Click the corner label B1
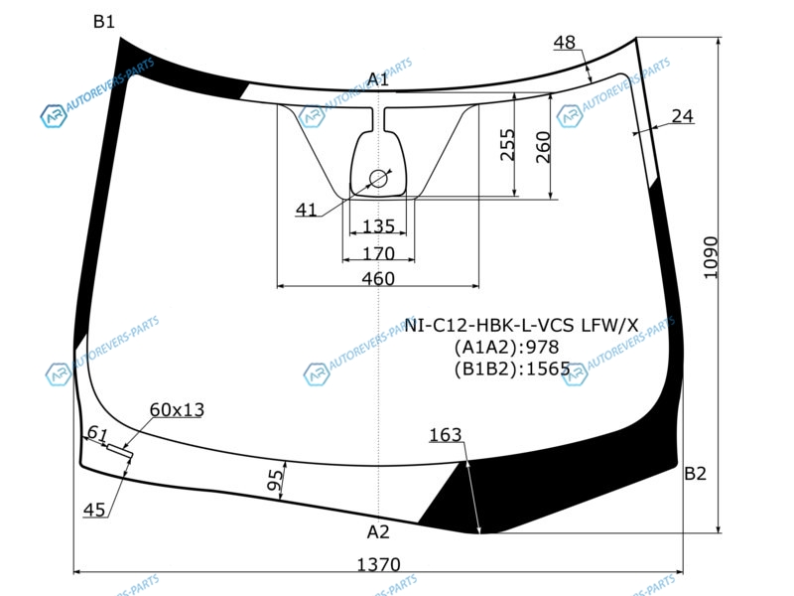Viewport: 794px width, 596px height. (x=104, y=21)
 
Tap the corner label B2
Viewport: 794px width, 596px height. (x=695, y=474)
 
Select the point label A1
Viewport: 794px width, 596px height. (x=378, y=79)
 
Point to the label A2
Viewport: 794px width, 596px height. (x=378, y=531)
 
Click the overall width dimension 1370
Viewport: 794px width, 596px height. (x=379, y=564)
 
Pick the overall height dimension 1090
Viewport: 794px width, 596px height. (x=711, y=257)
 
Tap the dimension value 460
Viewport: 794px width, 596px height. (x=378, y=278)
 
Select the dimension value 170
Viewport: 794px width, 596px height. (x=378, y=253)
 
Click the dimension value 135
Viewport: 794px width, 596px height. (x=378, y=225)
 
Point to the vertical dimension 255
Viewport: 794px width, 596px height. (x=507, y=145)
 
